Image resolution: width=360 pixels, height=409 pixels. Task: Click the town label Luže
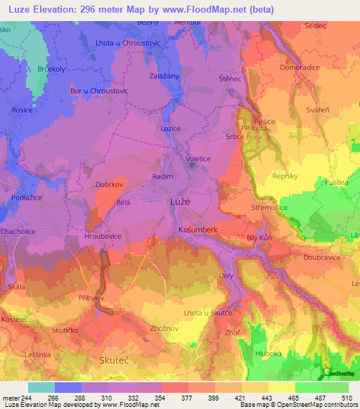pos(181,202)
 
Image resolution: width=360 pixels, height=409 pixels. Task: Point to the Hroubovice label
pos(104,238)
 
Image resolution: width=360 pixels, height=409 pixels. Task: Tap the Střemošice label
pos(271,209)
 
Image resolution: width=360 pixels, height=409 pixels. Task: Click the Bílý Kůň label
pos(259,239)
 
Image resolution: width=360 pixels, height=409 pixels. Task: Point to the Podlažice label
pos(25,198)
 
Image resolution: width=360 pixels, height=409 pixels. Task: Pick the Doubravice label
pos(323,258)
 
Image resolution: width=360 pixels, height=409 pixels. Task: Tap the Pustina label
pos(336,182)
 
